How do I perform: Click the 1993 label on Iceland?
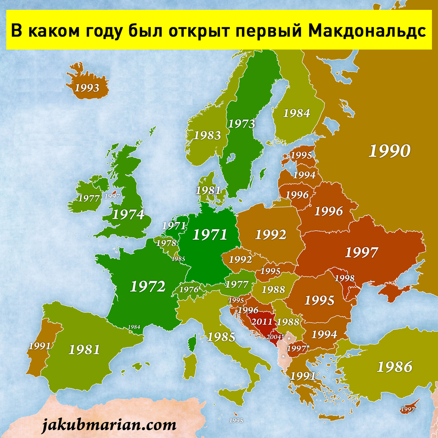coord(87,88)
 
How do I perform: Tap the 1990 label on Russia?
coord(389,151)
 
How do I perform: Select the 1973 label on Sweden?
coord(241,124)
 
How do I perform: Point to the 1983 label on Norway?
coord(207,135)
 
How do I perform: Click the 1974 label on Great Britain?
coord(128,214)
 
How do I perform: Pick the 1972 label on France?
coord(147,287)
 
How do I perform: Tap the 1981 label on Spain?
coord(84,350)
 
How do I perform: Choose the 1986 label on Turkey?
coord(395,367)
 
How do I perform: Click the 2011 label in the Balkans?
coord(262,322)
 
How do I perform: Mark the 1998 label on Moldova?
coord(345,278)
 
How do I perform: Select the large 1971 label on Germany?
coord(210,234)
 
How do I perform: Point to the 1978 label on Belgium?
coord(166,243)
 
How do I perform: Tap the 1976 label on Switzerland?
coord(189,290)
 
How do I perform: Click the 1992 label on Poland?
coord(270,234)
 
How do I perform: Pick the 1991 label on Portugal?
coord(39,346)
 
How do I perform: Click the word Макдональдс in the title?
coord(367,31)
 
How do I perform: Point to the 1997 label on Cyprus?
coord(408,410)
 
